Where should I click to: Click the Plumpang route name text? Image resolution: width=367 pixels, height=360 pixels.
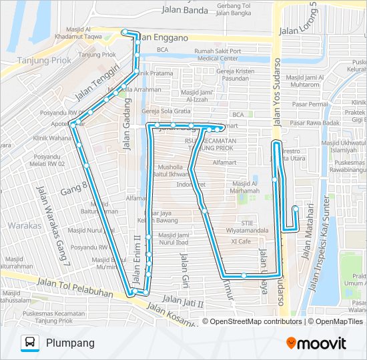pos(70,343)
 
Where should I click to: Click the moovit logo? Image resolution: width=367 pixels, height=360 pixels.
pos(316,343)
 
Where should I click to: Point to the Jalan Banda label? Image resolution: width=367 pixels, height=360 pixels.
pos(185,10)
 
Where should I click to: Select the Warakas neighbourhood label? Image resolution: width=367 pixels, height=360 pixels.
pos(24,225)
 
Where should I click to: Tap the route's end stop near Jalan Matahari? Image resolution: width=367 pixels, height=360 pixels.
pos(295,209)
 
